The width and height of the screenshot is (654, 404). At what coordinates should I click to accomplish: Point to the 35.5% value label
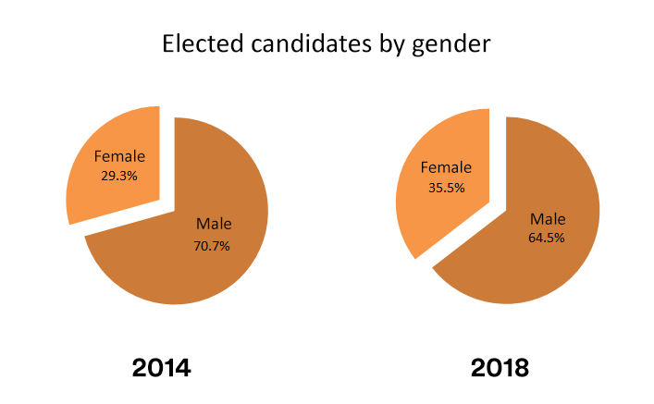pos(446,187)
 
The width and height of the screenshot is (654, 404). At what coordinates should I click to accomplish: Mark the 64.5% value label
pos(546,238)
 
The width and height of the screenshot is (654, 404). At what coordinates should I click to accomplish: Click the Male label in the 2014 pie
pos(214,224)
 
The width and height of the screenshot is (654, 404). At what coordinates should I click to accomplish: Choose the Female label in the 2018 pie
pos(446,167)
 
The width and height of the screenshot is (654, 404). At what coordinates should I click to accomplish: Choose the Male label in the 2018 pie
pos(547,218)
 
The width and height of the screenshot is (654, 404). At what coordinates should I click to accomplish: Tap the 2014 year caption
pos(162,368)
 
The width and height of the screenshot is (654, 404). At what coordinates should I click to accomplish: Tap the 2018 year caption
pos(500,368)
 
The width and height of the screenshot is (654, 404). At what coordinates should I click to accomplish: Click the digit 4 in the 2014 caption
pos(182,368)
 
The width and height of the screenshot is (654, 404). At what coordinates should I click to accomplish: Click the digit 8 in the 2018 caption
pos(520,368)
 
